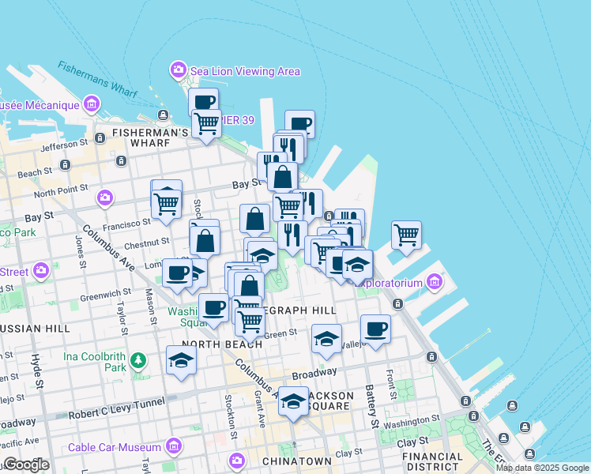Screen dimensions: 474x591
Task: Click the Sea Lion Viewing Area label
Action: click(x=244, y=71)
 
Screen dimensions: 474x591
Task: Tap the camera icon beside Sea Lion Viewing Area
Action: click(x=179, y=70)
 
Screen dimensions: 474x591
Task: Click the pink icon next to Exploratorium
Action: click(x=434, y=281)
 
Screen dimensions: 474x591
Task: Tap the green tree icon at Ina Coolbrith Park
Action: click(x=139, y=361)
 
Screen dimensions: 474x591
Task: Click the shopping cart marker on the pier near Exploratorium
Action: click(x=406, y=235)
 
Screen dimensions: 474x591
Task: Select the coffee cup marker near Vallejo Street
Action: click(x=376, y=328)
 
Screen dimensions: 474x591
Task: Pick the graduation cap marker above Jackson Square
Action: click(x=293, y=401)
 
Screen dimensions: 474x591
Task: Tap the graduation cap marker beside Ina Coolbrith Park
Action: click(x=182, y=360)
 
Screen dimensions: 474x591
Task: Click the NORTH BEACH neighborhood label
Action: click(x=222, y=344)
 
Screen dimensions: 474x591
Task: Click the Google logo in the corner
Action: click(x=26, y=465)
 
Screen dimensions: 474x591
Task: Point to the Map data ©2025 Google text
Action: click(x=543, y=468)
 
